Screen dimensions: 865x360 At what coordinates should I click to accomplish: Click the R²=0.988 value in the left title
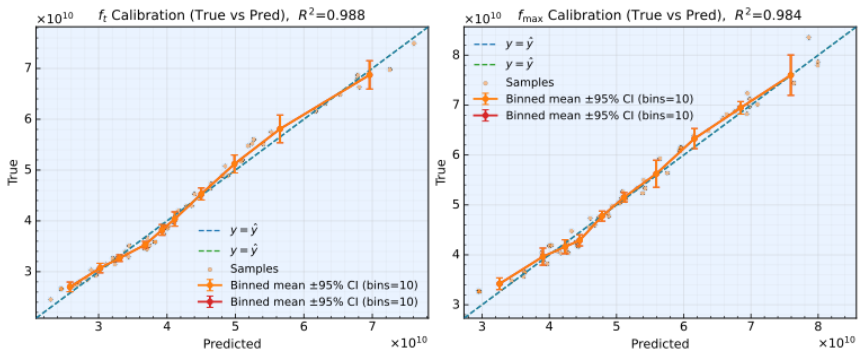click(330, 14)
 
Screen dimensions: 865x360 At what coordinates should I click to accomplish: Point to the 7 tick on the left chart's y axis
click(28, 68)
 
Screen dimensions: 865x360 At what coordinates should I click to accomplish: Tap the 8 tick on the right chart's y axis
click(456, 54)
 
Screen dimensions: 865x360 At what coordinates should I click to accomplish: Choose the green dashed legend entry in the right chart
click(504, 65)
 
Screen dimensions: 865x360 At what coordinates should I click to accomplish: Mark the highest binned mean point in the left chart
click(370, 74)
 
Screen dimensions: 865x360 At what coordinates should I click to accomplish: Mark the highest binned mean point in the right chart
click(791, 75)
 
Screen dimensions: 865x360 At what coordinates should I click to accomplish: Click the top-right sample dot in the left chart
click(414, 43)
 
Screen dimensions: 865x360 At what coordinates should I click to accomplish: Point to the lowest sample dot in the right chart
click(479, 291)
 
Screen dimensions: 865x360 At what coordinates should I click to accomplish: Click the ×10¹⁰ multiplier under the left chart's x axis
click(409, 343)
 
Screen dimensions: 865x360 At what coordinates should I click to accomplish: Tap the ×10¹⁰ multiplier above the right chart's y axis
click(483, 18)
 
